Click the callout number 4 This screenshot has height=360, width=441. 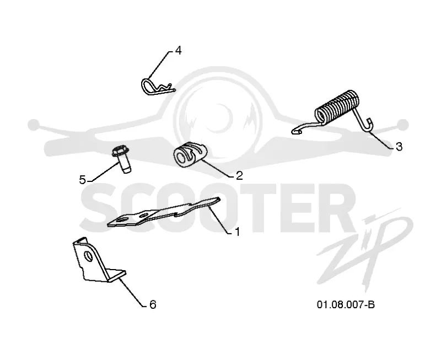point(178,51)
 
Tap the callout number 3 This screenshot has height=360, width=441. point(399,147)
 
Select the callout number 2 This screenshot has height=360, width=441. point(239,176)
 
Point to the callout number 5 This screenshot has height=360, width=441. point(82,180)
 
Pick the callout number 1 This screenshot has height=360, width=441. point(238,232)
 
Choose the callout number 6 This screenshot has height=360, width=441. point(153,304)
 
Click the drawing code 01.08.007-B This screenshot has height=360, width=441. point(346,304)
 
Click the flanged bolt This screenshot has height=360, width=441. point(122,159)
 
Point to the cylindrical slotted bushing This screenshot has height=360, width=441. point(190,155)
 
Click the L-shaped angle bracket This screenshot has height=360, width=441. point(97,261)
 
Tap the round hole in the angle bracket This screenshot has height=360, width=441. point(89,256)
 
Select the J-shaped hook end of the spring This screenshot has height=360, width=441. point(365,127)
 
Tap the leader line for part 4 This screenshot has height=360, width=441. point(158,65)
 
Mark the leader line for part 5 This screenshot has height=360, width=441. point(103,171)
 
